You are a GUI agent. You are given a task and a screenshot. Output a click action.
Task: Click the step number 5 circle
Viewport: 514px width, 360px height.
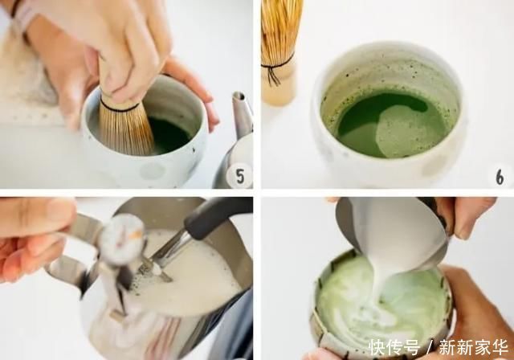(x=240, y=176)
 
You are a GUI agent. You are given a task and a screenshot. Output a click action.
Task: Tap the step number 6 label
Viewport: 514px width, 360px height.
(x=500, y=178)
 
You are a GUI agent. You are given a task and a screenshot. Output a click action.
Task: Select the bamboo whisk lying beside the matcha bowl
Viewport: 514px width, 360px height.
(x=279, y=52)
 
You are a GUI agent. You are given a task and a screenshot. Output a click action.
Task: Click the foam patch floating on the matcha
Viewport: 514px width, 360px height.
(x=403, y=132)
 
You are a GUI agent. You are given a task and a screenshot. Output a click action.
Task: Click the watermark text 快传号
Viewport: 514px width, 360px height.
(x=394, y=347)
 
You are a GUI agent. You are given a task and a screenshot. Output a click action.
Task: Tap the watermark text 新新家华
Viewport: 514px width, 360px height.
(x=473, y=347)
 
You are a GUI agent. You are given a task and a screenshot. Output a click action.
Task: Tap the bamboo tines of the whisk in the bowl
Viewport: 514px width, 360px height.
(x=126, y=129)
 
